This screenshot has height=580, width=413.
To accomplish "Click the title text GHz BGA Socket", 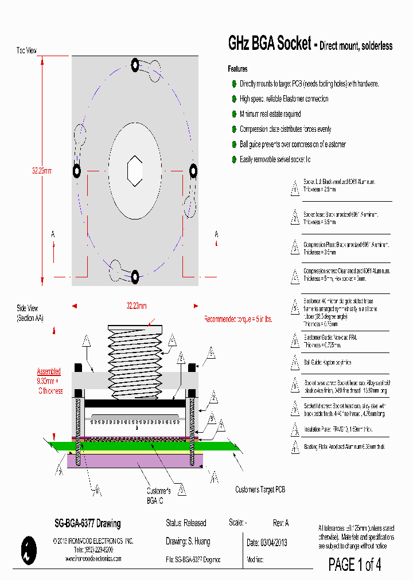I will tap(269, 44).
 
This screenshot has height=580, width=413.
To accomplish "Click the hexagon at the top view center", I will tap(135, 171).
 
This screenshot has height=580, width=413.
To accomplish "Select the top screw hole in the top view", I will tap(135, 65).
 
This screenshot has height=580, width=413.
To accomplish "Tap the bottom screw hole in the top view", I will tap(135, 277).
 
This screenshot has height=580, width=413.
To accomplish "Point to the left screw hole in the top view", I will tap(76, 171).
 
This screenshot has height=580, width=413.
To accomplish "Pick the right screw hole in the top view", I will tap(194, 170).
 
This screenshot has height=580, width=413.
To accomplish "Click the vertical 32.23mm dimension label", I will tap(42, 171).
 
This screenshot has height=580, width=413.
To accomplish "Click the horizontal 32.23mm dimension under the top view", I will tap(137, 305).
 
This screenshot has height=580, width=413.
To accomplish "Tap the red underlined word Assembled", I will tap(49, 371).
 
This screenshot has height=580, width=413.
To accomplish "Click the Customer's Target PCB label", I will tap(260, 489).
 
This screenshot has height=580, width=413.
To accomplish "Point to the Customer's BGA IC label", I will tap(158, 495).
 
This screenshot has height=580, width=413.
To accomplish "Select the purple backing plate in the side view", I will tap(135, 460).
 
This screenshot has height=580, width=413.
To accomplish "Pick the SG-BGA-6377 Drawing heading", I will tap(87, 523).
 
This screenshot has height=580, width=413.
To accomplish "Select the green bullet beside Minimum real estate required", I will tap(234, 114).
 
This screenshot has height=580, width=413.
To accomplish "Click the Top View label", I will tap(26, 50).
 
